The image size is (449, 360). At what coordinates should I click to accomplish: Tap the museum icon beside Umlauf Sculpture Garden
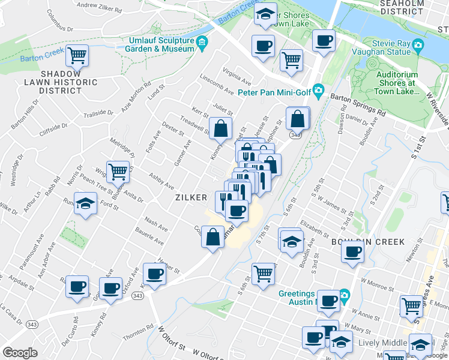(202, 41)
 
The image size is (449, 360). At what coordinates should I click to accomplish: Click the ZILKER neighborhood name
(191, 197)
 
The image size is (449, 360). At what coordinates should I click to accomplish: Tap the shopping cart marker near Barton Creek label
(77, 56)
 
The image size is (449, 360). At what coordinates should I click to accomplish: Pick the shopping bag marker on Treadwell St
(220, 128)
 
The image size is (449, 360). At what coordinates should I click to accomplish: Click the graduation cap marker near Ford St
(85, 204)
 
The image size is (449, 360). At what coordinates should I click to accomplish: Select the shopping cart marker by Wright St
(118, 172)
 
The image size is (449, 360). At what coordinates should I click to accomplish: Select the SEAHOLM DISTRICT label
(402, 7)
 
